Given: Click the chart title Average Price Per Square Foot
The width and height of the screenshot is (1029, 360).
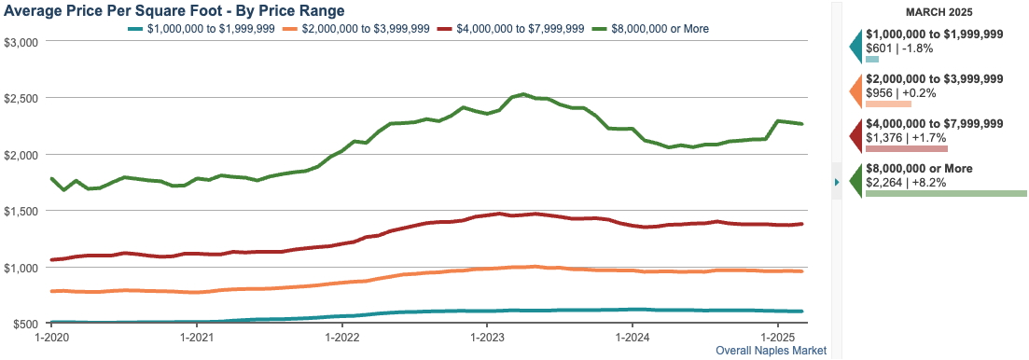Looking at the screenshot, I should click(174, 11).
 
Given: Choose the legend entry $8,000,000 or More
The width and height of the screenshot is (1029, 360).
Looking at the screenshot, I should click(657, 29).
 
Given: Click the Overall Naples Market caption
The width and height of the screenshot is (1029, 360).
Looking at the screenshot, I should click(771, 351).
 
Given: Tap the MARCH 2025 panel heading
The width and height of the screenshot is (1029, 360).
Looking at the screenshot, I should click(939, 12).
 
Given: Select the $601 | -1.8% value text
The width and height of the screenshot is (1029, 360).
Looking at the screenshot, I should click(905, 48).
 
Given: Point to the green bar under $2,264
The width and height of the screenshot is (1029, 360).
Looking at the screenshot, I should click(945, 194).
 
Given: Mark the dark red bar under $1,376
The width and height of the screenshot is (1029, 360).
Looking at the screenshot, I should click(906, 148).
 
